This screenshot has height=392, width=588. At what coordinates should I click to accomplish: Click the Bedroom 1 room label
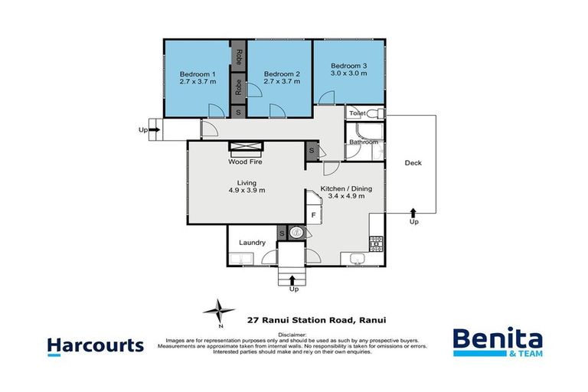click(198, 74)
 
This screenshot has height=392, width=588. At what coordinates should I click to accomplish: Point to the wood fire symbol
click(246, 149)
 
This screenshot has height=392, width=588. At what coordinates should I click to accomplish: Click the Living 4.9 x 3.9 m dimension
click(246, 191)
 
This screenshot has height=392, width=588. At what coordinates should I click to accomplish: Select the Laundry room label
click(252, 243)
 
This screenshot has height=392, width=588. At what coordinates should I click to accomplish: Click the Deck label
click(413, 162)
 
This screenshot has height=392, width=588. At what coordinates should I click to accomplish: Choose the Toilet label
click(357, 113)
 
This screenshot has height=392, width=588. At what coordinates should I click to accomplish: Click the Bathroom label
click(363, 142)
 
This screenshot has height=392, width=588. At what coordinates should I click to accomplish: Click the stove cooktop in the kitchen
click(376, 243)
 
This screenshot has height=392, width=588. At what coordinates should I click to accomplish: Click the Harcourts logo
click(95, 345)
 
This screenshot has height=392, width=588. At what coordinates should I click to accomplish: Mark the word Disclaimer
click(292, 335)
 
